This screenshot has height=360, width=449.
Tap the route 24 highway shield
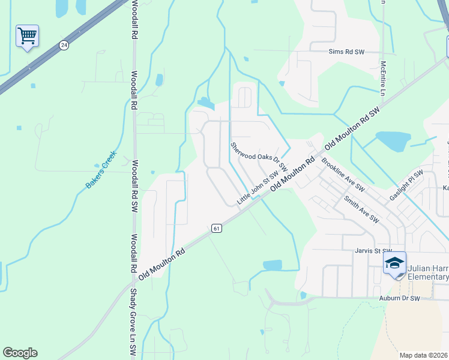[63, 44]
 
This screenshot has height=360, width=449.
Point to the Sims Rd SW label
[346, 52]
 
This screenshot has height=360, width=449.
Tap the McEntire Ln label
[382, 78]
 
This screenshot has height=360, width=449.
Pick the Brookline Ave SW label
[343, 174]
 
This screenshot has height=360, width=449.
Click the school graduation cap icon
[395, 263]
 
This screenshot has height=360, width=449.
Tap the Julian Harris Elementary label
[427, 272]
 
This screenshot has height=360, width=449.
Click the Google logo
[20, 353]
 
